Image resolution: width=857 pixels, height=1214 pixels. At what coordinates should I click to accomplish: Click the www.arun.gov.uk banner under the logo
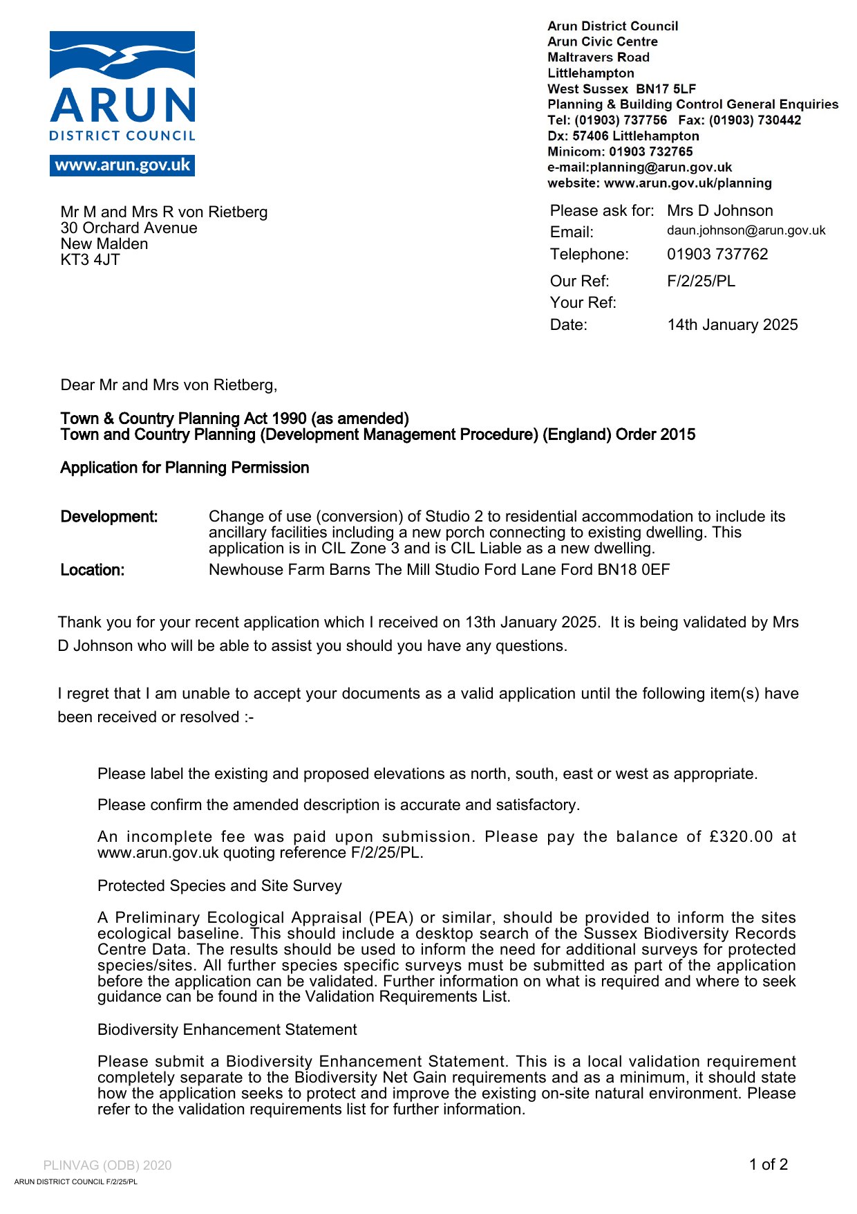click(x=122, y=165)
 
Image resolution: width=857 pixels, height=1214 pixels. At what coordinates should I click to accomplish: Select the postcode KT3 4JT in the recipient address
click(x=90, y=260)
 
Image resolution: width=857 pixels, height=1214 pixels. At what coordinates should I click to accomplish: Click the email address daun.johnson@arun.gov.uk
click(x=746, y=230)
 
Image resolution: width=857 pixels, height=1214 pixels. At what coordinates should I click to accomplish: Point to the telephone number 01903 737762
click(x=717, y=255)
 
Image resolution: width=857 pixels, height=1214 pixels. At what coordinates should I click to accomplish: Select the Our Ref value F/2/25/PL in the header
click(x=701, y=281)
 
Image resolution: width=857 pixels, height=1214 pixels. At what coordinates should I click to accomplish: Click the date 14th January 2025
click(x=732, y=325)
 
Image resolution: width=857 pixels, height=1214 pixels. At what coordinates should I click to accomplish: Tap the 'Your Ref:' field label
click(x=583, y=303)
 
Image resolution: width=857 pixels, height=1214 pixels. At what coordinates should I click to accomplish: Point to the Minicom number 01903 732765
click(x=650, y=152)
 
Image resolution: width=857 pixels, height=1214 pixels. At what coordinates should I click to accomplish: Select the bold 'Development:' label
click(x=109, y=517)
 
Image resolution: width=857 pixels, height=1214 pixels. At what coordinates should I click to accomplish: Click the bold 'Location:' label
click(x=93, y=570)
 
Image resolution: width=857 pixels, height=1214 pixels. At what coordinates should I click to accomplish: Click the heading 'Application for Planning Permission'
click(x=185, y=468)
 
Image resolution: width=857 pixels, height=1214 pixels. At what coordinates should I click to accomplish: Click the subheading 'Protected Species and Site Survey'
click(x=220, y=886)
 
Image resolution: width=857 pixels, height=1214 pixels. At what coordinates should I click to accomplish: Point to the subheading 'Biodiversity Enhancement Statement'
click(x=227, y=1030)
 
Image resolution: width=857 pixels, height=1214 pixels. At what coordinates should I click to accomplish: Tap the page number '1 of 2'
click(x=768, y=1165)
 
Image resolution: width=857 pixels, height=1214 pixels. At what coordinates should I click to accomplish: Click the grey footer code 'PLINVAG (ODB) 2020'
click(x=107, y=1166)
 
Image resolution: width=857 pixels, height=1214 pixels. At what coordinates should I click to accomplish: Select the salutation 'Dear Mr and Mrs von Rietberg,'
click(x=169, y=385)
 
